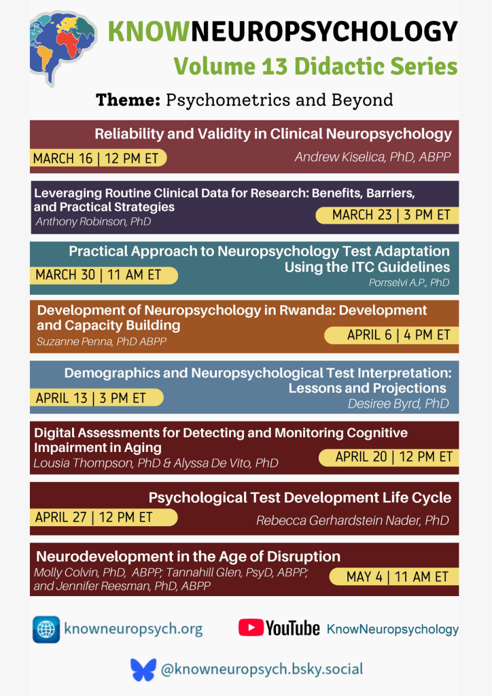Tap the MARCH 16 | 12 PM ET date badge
(97, 158)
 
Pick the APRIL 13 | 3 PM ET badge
(95, 398)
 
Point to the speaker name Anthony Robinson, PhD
(93, 222)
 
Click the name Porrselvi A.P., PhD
(409, 282)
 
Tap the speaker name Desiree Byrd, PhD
(398, 404)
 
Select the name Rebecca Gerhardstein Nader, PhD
(352, 521)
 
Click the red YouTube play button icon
(250, 628)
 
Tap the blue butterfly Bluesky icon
(143, 669)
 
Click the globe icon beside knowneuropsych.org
(46, 629)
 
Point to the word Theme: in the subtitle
(128, 100)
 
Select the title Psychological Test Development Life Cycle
(300, 498)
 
